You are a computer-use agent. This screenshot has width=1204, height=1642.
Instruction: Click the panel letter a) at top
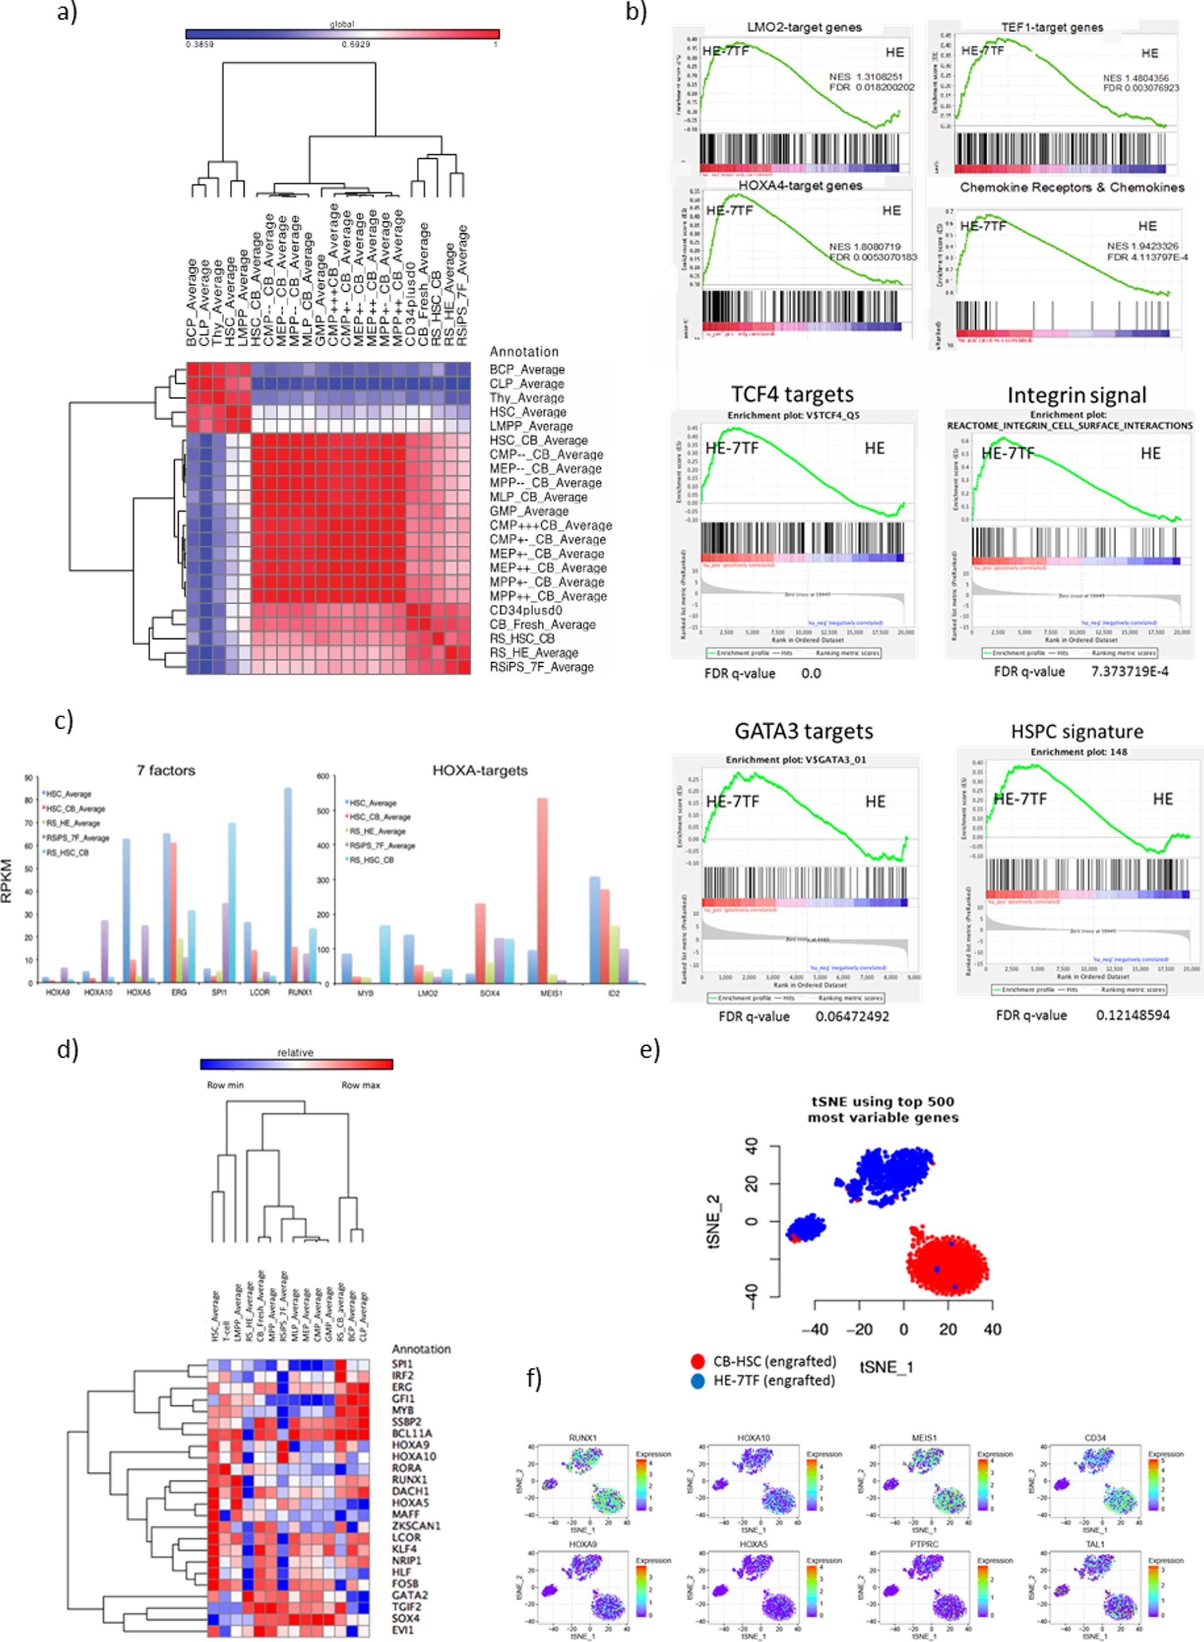[x=67, y=13]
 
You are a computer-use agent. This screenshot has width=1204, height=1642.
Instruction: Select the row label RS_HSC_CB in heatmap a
[x=521, y=639]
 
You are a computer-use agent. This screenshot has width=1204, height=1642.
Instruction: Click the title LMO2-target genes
[x=804, y=28]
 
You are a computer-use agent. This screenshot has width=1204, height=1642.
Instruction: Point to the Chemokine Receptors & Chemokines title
[x=1072, y=187]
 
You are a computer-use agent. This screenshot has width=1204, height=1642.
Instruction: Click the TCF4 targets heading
[x=792, y=394]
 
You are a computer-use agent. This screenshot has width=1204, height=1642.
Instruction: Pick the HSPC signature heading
[x=1077, y=731]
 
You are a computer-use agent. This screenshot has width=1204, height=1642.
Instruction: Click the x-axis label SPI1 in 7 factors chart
[x=218, y=992]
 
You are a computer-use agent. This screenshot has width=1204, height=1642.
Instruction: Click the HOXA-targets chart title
[x=479, y=771]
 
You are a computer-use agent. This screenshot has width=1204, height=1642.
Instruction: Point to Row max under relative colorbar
[x=360, y=1085]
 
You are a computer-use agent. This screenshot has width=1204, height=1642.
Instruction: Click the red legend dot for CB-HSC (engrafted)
[x=698, y=1360]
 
